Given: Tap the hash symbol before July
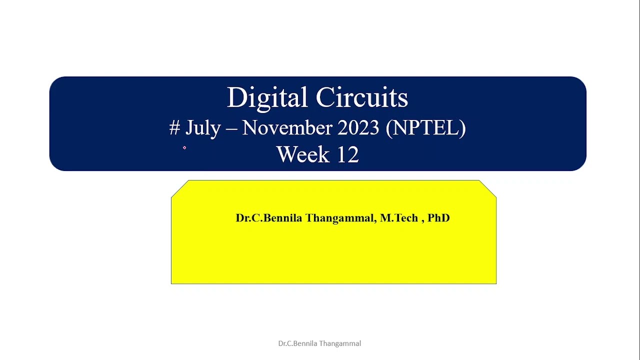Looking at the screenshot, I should pos(174,128).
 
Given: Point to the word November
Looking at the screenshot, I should pos(287,128).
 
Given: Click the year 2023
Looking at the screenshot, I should pos(358,128).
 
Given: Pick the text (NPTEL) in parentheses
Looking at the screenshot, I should pos(426,128).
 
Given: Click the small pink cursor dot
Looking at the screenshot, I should pos(184,147).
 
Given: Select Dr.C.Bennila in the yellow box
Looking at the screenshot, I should pos(268,218).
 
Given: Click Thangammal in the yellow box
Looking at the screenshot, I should pos(339,218).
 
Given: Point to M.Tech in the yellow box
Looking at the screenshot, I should pos(399,218).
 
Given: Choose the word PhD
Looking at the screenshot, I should pos(438,218).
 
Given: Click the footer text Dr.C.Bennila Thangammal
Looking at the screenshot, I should pos(319,343).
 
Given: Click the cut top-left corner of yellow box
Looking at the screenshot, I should pos(180,189).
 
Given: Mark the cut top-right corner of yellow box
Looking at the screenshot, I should pos(488,189).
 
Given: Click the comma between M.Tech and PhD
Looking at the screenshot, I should pos(422,220).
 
